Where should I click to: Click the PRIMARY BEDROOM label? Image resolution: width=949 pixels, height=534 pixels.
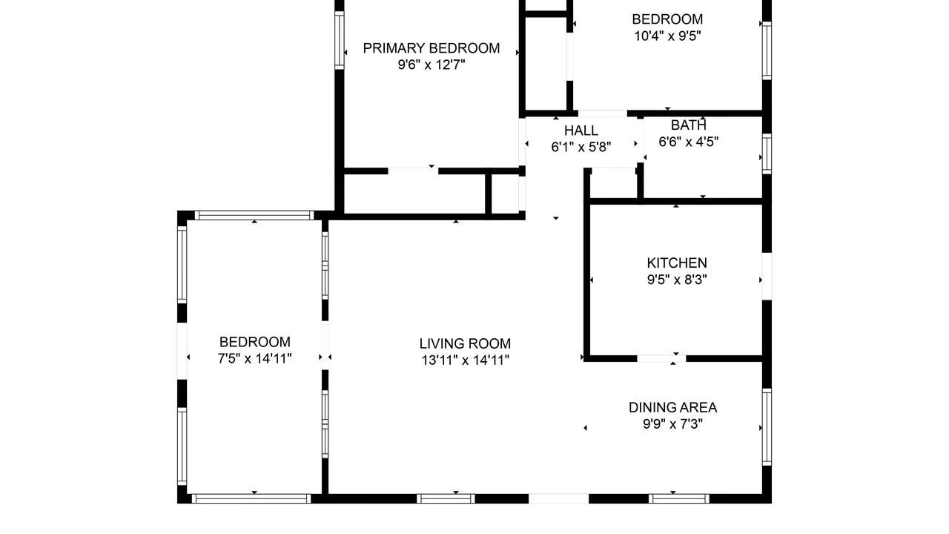tap(431, 48)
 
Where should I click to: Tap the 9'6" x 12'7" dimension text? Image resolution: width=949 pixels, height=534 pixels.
tap(431, 65)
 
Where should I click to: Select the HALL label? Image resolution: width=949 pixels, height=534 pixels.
tap(581, 130)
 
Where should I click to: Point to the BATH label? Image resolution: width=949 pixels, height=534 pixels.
tap(689, 125)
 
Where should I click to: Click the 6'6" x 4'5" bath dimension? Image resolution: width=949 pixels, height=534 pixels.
tap(689, 142)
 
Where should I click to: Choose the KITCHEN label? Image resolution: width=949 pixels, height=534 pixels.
tap(677, 263)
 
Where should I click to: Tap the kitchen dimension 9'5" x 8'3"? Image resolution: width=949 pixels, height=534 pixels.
tap(677, 280)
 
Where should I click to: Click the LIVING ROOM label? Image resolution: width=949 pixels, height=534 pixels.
tap(465, 343)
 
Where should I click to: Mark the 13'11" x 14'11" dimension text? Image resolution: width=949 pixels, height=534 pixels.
tap(465, 360)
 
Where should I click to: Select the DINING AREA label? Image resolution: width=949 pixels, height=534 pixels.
tap(672, 407)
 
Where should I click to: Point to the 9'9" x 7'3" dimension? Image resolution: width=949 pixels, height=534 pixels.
tap(672, 423)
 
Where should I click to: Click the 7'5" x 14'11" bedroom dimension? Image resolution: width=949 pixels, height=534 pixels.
tap(254, 358)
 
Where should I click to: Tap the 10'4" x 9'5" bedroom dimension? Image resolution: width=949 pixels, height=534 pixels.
tap(667, 36)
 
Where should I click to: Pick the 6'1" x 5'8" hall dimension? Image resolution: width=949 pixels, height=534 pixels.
tap(581, 147)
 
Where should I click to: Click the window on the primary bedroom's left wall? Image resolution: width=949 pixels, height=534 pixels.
tap(340, 40)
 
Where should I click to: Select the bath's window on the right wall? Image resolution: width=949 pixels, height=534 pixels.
tap(767, 154)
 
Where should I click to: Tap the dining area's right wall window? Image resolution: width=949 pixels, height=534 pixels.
tap(767, 427)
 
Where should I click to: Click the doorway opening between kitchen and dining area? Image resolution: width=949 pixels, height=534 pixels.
tap(661, 359)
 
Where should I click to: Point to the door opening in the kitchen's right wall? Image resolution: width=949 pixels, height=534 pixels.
tap(767, 277)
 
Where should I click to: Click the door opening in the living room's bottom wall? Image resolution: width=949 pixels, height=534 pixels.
tap(559, 499)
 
